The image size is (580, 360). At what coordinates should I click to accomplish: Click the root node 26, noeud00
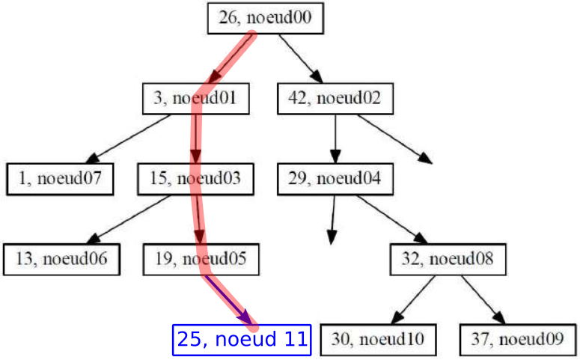click(264, 18)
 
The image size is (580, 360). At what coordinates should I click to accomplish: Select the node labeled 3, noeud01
click(195, 98)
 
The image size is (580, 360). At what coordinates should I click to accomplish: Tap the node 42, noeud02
click(335, 98)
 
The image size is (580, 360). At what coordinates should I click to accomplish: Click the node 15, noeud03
click(195, 179)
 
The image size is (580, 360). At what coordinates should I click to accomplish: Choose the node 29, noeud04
click(335, 179)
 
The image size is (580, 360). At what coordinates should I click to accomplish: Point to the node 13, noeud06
click(61, 260)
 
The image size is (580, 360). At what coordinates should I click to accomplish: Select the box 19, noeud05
click(201, 260)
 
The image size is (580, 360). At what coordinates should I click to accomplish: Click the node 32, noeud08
click(448, 260)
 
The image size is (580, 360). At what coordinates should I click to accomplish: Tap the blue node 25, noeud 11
click(241, 340)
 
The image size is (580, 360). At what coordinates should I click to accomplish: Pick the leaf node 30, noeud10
click(377, 340)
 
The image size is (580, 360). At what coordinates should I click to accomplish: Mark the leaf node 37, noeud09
click(518, 340)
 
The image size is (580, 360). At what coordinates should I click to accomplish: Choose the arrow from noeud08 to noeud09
click(483, 299)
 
